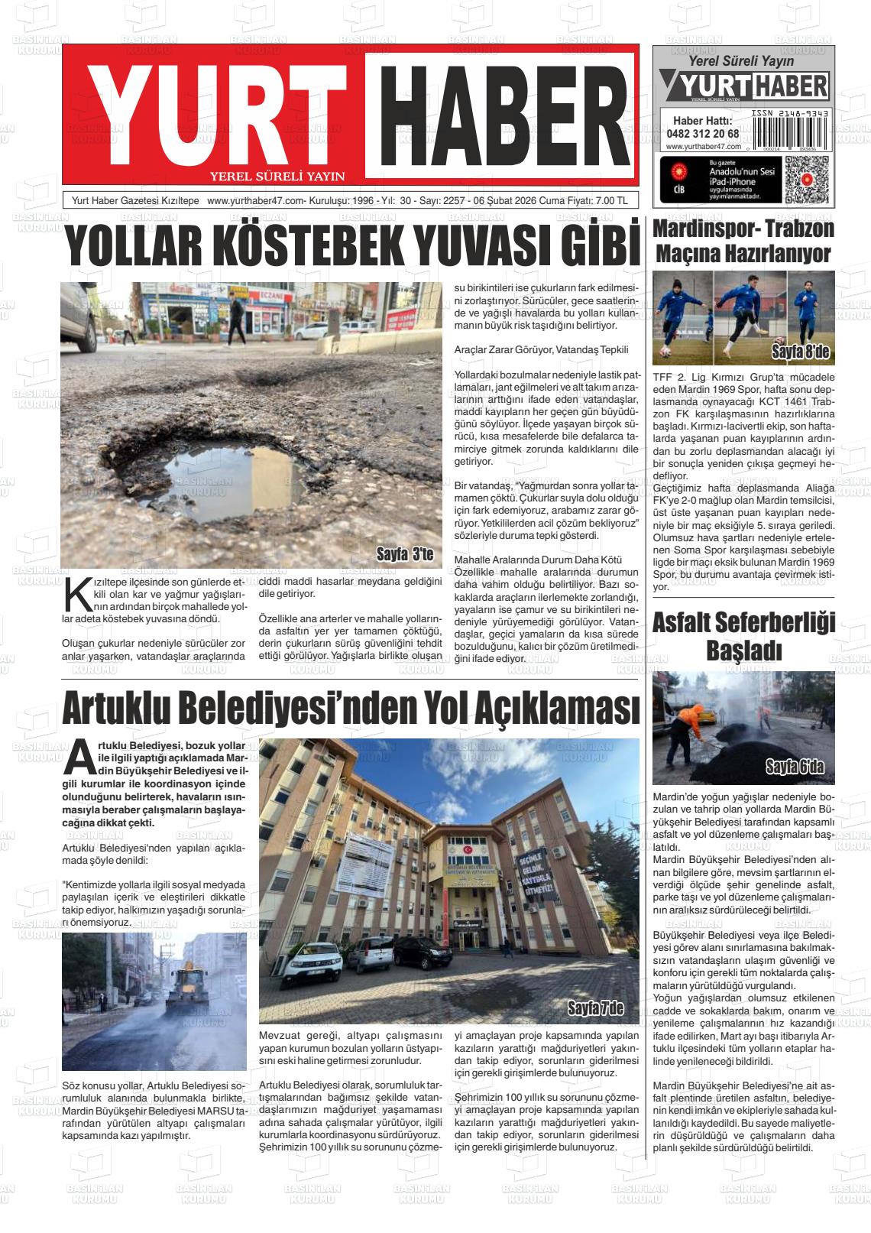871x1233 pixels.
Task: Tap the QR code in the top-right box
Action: (x=807, y=178)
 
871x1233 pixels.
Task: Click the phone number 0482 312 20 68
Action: (x=702, y=133)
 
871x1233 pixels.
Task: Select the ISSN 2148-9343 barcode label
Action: (x=788, y=113)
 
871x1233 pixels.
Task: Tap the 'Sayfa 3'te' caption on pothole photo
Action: (x=405, y=554)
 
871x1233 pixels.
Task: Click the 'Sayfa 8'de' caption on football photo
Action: (x=800, y=352)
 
